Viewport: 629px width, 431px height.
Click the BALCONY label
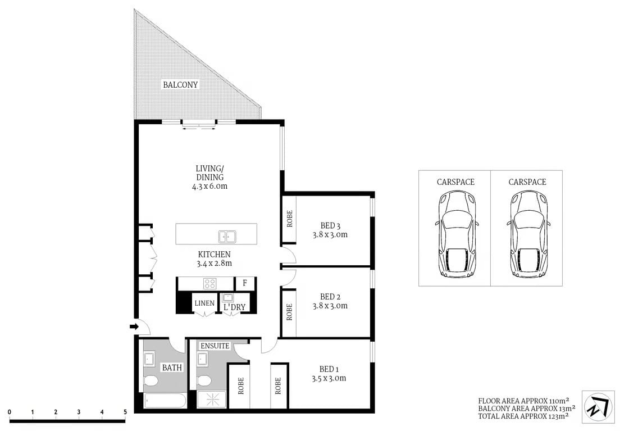pos(180,85)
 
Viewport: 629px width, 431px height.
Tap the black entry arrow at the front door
pos(134,326)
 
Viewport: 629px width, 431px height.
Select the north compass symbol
pos(598,406)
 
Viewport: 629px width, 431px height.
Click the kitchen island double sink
pos(227,236)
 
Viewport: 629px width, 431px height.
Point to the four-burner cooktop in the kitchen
pos(209,284)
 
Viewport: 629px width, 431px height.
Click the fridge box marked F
pos(245,283)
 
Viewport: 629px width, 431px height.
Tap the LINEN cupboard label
pos(204,303)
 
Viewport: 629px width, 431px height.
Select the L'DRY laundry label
pos(234,307)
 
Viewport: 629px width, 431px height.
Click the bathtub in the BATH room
pos(165,401)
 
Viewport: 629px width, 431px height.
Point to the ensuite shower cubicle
pos(212,400)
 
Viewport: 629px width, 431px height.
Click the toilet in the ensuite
pos(204,380)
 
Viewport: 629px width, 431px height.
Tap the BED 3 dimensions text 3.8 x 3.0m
pos(330,235)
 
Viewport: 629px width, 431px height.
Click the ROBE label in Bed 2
pos(289,312)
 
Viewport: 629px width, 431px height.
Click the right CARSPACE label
pos(527,182)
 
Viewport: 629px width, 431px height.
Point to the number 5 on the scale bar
pos(125,412)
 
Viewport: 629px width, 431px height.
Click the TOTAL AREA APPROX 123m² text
pos(523,416)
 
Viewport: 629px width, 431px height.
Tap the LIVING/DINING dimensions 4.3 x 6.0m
pos(209,186)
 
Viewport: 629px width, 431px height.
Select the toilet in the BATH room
pos(151,382)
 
